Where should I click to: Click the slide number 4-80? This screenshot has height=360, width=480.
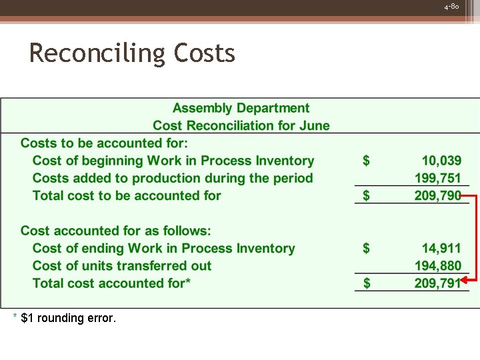pyautogui.click(x=451, y=6)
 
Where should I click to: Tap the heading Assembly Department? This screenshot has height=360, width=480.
pyautogui.click(x=241, y=108)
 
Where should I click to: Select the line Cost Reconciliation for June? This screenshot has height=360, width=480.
pyautogui.click(x=241, y=125)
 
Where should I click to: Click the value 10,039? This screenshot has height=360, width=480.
pyautogui.click(x=441, y=161)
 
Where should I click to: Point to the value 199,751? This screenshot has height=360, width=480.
pyautogui.click(x=438, y=178)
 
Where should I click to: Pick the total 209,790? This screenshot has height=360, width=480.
pyautogui.click(x=438, y=195)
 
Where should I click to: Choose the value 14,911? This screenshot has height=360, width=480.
pyautogui.click(x=441, y=248)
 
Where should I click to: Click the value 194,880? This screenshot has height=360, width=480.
pyautogui.click(x=438, y=265)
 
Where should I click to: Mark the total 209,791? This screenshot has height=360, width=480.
pyautogui.click(x=438, y=283)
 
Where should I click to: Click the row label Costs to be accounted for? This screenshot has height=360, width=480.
pyautogui.click(x=105, y=143)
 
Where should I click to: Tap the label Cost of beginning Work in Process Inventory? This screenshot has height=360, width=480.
pyautogui.click(x=173, y=161)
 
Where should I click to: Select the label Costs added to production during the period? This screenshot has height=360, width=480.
pyautogui.click(x=173, y=178)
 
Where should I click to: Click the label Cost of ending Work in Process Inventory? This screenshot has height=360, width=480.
pyautogui.click(x=164, y=248)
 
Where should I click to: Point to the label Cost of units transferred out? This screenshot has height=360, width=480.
pyautogui.click(x=122, y=265)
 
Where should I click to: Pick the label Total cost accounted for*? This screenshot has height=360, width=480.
pyautogui.click(x=112, y=283)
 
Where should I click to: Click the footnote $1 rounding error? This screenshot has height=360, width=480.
pyautogui.click(x=69, y=318)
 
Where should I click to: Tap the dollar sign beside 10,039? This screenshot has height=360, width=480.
pyautogui.click(x=366, y=161)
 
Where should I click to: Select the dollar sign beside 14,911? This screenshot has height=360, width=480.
pyautogui.click(x=366, y=248)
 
